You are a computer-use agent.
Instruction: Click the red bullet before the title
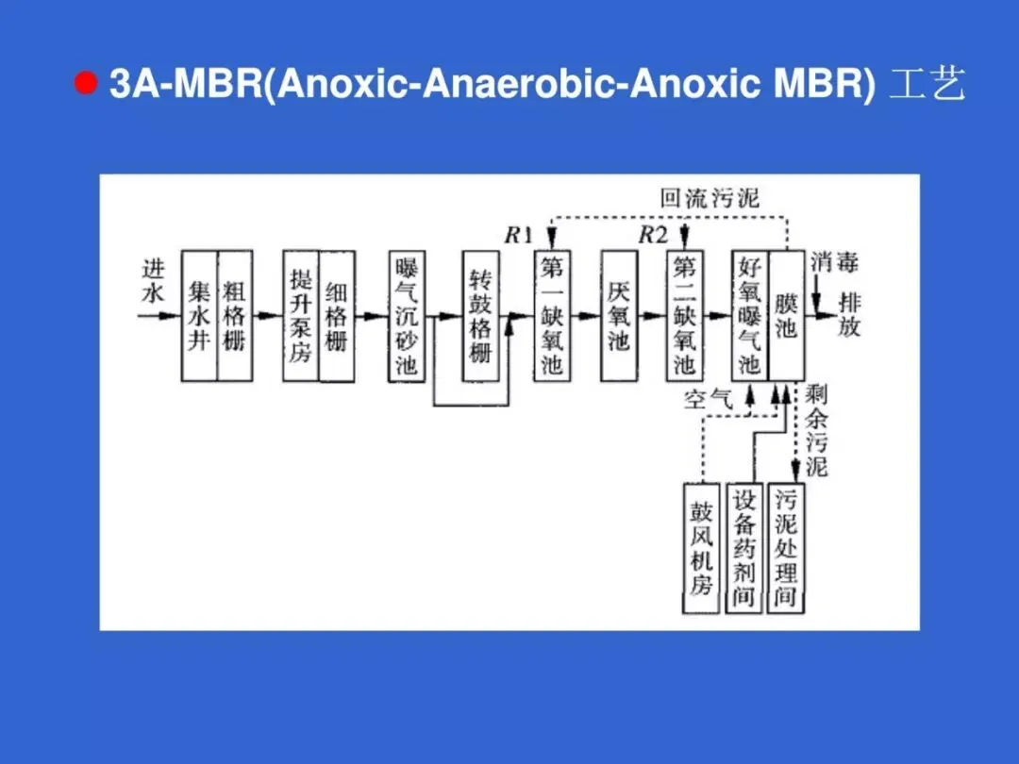coord(87,84)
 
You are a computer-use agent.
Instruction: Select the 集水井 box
coord(199,315)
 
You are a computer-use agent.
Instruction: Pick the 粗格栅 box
coord(234,315)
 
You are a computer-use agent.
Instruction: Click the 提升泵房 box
coord(301,315)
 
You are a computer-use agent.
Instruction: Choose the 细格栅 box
coord(337,315)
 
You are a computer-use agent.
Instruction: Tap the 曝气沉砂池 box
coord(407,315)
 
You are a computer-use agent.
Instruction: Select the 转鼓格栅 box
coord(480,315)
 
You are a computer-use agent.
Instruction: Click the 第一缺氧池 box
coord(552,315)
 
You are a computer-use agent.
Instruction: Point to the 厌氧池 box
coord(619,315)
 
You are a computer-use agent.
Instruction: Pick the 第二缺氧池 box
coord(684,315)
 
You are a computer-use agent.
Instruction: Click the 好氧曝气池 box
coord(750,315)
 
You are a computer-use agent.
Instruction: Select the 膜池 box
coord(787,315)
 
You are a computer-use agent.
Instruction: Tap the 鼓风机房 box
coord(701,548)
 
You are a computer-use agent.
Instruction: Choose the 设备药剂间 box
coord(743,548)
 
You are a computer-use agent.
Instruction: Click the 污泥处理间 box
coord(785,548)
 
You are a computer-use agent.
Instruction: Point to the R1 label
coord(518,236)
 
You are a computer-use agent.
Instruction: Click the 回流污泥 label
coord(710,199)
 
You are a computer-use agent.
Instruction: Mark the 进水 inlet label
coord(153,281)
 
